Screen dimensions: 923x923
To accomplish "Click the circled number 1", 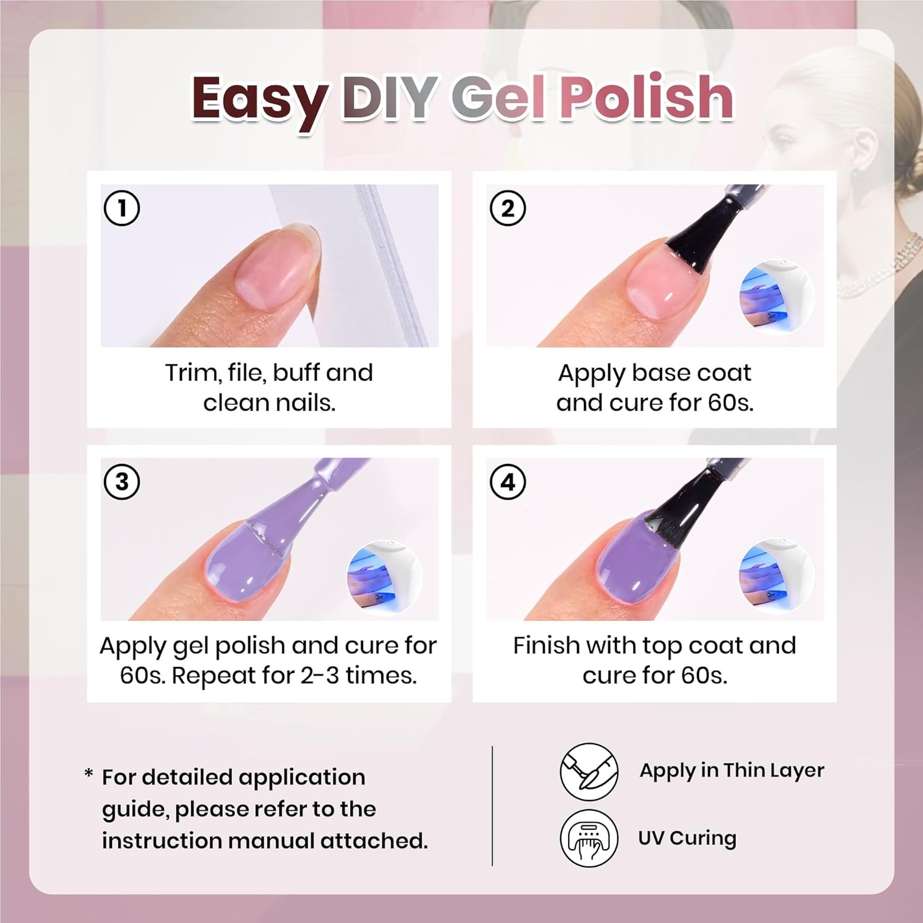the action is tap(122, 208).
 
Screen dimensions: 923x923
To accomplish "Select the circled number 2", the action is tap(508, 208).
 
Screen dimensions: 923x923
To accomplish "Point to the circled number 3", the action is tap(122, 481).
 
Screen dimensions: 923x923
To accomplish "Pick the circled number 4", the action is tap(508, 481).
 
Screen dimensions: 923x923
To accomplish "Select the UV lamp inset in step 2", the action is tap(777, 297).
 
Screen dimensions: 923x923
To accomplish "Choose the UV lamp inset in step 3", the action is tap(385, 577).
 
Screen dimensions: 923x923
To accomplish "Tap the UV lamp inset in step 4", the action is tap(777, 577).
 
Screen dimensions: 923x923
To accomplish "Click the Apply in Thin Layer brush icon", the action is tap(589, 772).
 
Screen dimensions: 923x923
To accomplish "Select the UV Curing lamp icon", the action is tap(589, 837).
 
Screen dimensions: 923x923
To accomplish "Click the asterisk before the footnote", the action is tap(89, 774).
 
